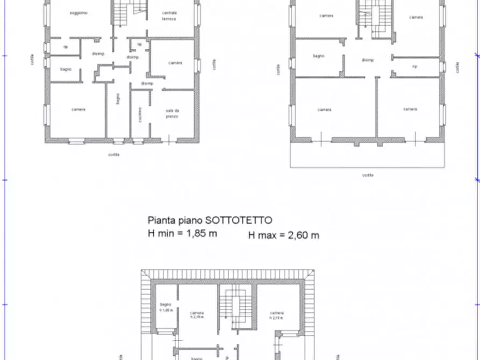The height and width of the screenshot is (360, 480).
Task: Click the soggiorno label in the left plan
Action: [x=78, y=13]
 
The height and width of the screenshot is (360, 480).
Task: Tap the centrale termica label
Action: [x=169, y=15]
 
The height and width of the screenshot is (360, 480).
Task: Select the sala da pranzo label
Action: [x=172, y=113]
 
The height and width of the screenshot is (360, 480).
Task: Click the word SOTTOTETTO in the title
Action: [x=245, y=220]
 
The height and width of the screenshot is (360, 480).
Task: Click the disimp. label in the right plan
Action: [x=368, y=60]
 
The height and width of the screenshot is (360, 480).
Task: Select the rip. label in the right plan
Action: [x=414, y=67]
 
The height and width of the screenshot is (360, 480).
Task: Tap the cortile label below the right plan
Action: [x=368, y=175]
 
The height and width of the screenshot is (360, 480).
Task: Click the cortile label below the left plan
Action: [x=113, y=154]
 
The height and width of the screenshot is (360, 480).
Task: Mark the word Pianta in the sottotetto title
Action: [x=160, y=220]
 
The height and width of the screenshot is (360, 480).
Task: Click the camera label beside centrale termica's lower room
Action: [x=175, y=63]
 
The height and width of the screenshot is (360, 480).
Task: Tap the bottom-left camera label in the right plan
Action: [x=324, y=110]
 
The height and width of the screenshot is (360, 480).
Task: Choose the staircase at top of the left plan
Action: [x=130, y=12]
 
